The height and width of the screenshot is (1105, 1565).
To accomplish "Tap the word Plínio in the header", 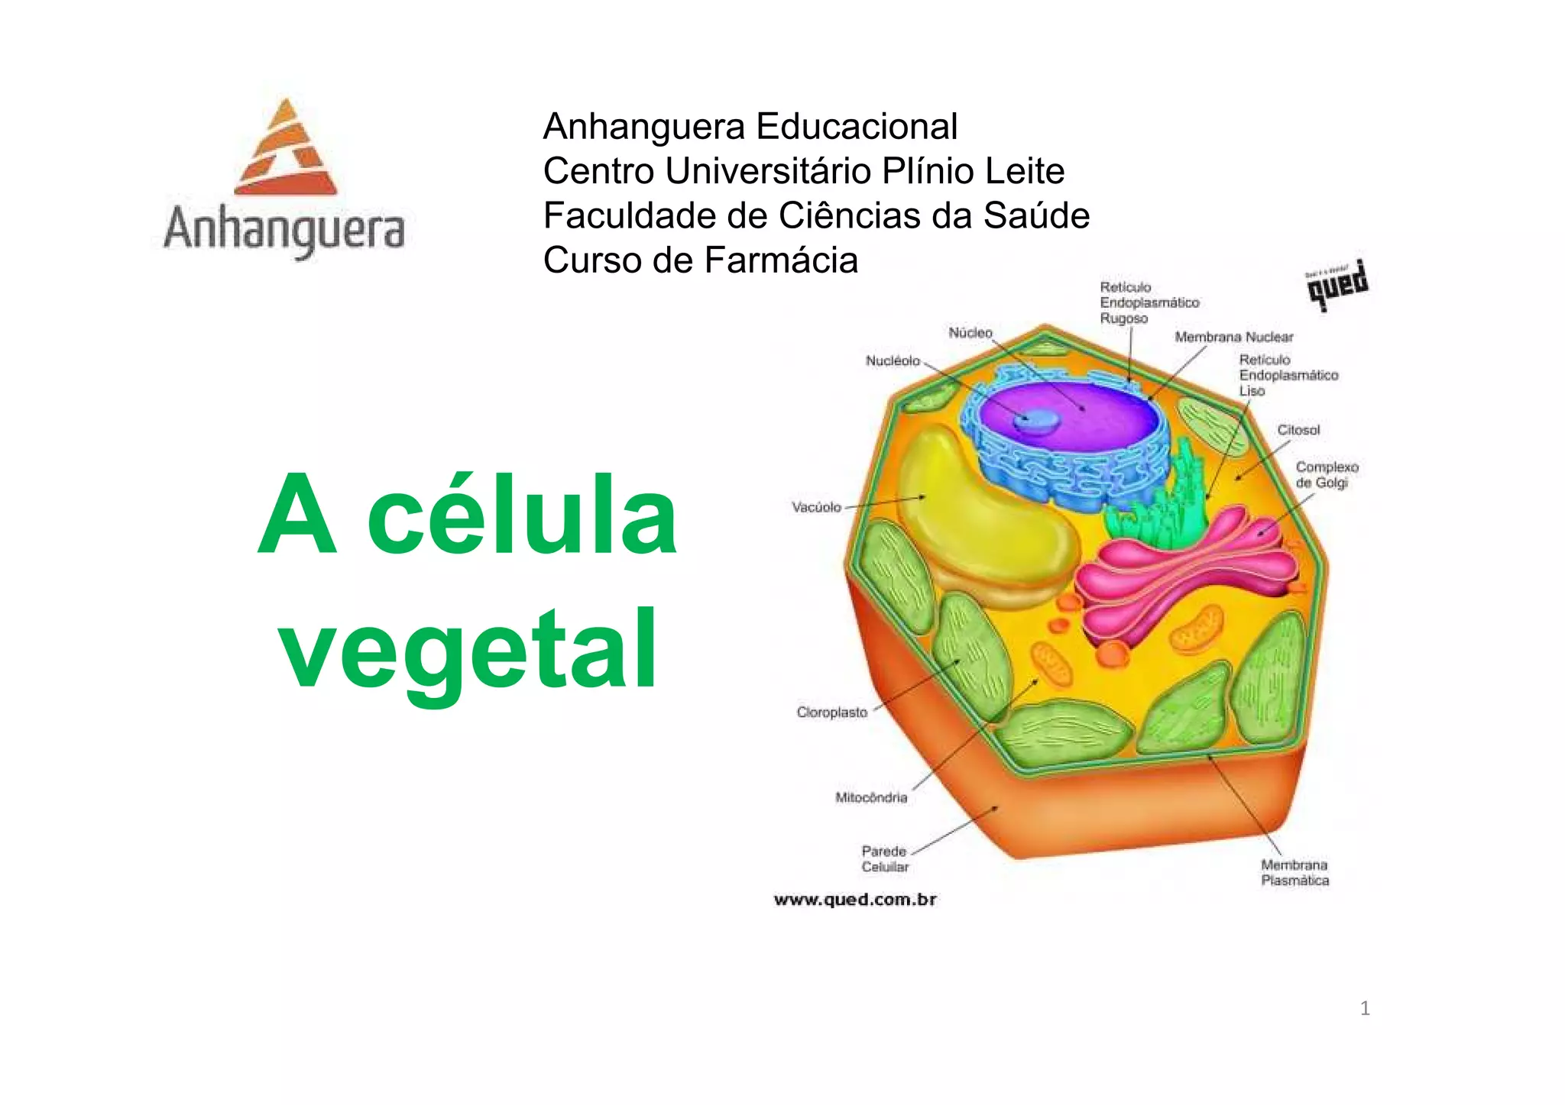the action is point(928,171).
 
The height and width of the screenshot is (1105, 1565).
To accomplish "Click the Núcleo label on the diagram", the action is point(970,333).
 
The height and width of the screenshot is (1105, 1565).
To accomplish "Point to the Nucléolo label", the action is point(893,360).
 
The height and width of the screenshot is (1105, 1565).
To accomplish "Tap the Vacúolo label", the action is point(816,507).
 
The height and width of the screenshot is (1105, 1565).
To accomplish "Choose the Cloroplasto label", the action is point(831,712).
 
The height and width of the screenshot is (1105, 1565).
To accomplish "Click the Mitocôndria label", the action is point(871,798).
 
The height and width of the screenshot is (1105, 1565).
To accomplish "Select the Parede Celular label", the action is point(885,859).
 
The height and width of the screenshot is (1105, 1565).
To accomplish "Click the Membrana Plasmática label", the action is point(1294,873).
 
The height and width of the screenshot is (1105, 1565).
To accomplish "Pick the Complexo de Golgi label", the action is point(1327,475).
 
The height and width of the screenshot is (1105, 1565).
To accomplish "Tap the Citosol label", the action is point(1298,430).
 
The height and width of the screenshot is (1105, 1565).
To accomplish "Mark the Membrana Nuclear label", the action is point(1233,337).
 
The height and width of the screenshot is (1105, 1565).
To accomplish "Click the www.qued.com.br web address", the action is point(855,900).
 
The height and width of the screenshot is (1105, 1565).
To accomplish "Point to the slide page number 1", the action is point(1365,1009).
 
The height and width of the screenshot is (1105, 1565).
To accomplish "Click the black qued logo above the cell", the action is point(1338,286).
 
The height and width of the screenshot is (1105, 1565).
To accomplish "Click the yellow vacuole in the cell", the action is point(978,519).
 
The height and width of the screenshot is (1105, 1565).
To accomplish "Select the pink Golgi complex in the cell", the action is point(1192,573).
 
